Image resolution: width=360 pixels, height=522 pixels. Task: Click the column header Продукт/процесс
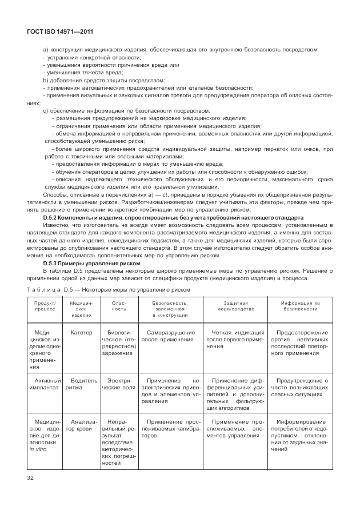(45, 307)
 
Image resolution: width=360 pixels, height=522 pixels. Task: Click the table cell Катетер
(81, 333)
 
